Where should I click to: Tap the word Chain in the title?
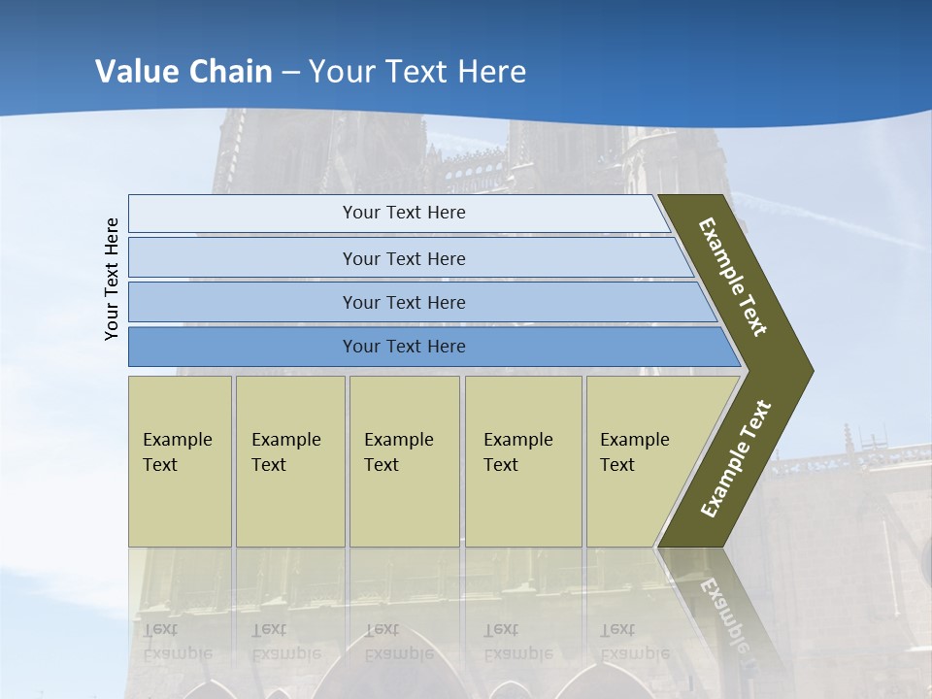(x=230, y=72)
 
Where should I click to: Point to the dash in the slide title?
(x=290, y=73)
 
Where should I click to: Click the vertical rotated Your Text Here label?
(x=112, y=279)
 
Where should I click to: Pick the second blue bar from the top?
(x=404, y=258)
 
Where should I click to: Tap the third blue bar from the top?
(x=404, y=302)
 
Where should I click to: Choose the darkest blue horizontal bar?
(x=404, y=347)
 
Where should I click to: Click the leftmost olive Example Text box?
(x=180, y=461)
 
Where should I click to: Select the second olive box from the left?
(x=289, y=461)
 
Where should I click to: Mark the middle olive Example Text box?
(x=404, y=461)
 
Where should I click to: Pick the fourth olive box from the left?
(x=523, y=461)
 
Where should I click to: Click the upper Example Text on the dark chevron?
(x=734, y=277)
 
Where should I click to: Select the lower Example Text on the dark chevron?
(x=736, y=459)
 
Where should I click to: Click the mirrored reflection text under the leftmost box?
(x=178, y=642)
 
